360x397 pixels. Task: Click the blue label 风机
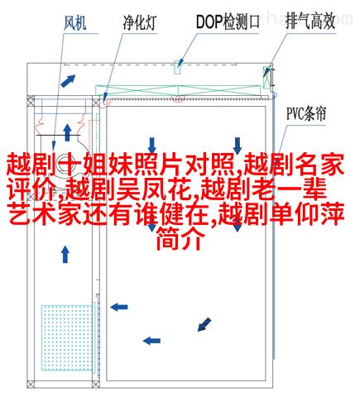(75, 23)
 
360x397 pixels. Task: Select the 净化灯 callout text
(140, 22)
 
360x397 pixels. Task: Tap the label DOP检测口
(228, 22)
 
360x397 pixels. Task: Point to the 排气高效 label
(310, 21)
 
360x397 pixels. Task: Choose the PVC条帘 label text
(306, 113)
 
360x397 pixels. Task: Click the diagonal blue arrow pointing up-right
(68, 80)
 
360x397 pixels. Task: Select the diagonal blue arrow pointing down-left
(204, 324)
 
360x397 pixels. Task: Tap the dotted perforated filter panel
(67, 337)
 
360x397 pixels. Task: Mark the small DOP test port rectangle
(178, 67)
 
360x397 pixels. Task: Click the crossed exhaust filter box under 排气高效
(267, 78)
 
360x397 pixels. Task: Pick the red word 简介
(180, 239)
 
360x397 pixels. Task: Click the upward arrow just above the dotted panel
(65, 254)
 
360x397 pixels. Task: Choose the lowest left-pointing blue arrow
(151, 341)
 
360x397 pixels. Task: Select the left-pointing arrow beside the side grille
(119, 307)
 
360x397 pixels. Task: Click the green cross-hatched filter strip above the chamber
(178, 91)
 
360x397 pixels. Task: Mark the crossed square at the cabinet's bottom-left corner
(31, 384)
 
